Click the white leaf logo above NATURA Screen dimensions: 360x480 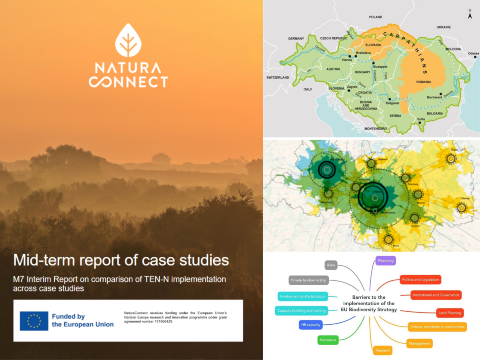pos(128,40)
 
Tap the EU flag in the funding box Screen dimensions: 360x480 pos(34,321)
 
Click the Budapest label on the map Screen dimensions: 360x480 pos(381,66)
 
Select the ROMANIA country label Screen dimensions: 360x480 pos(424,82)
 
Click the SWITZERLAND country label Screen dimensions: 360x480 pos(278,77)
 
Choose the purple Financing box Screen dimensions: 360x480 pos(386,261)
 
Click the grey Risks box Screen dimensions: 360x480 pos(331,265)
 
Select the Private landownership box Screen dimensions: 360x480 pos(309,280)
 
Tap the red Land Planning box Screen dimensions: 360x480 pos(450,313)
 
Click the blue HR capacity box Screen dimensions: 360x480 pos(310,325)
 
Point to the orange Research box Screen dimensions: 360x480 pos(382,350)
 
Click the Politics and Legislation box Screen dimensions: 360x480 pos(420,280)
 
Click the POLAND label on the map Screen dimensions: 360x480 pos(376,17)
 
